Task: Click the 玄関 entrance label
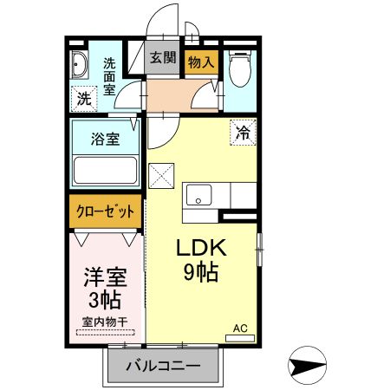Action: point(162,59)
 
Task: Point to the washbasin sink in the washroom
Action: point(80,66)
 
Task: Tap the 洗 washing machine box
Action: point(83,99)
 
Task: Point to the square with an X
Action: point(163,175)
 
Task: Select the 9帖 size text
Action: point(201,273)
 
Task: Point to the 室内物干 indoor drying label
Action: point(104,323)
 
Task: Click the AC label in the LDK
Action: point(240,329)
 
